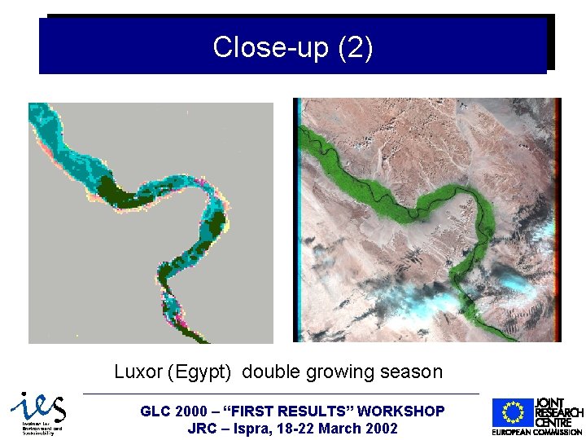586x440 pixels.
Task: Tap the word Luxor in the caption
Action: point(138,372)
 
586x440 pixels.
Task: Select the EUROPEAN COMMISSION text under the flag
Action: point(536,432)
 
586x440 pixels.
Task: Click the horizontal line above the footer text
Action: point(281,394)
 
